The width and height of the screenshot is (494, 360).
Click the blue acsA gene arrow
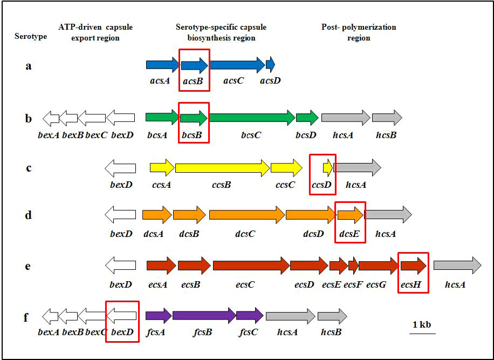(x=162, y=65)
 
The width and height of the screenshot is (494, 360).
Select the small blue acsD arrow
(x=270, y=65)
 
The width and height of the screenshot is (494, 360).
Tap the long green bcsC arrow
(x=251, y=118)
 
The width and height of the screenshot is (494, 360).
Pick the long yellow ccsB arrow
(x=222, y=168)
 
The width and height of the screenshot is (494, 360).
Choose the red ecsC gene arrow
(x=251, y=266)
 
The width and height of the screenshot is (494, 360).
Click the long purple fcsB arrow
(x=204, y=316)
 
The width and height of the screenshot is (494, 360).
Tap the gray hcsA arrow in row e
(x=457, y=266)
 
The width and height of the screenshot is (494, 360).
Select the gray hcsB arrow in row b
(x=387, y=118)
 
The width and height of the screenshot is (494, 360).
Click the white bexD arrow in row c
(x=120, y=168)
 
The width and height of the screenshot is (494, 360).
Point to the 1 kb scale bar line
(x=422, y=334)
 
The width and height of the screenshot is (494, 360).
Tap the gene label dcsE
(x=350, y=234)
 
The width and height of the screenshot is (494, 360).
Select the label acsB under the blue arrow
(x=194, y=80)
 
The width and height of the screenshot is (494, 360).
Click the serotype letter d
(x=28, y=215)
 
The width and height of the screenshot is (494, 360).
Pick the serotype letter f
(x=26, y=316)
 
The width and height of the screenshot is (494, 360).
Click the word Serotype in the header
(x=31, y=37)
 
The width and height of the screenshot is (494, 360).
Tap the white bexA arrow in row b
(x=51, y=118)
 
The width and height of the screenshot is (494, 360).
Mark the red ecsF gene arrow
(x=353, y=266)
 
